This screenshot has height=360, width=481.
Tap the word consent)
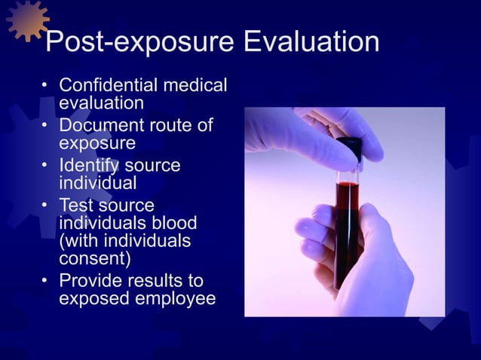[95, 260]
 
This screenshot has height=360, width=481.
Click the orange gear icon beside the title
[27, 21]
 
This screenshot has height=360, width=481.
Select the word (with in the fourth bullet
[79, 242]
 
